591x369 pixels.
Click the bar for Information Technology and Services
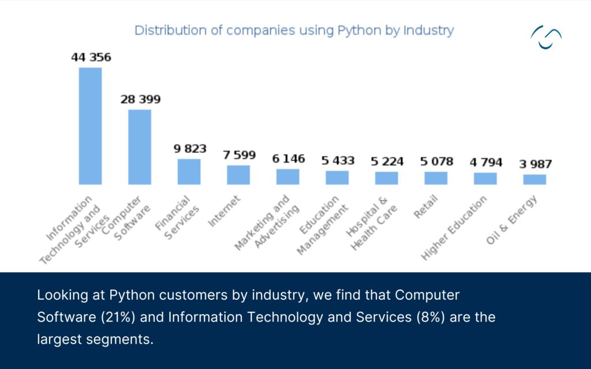(90, 126)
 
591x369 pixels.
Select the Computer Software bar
(140, 147)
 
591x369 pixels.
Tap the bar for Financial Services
(189, 171)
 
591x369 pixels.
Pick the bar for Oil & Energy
(534, 179)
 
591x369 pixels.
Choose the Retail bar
(436, 178)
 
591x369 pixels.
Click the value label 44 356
(91, 58)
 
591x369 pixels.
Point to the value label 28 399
(140, 100)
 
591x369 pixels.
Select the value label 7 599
(239, 156)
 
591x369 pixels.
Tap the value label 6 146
(288, 159)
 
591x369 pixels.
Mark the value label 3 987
(535, 165)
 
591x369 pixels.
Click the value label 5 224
(387, 161)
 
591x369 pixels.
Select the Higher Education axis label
(454, 228)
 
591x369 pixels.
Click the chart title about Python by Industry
(294, 31)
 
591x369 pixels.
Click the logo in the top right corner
(545, 37)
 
